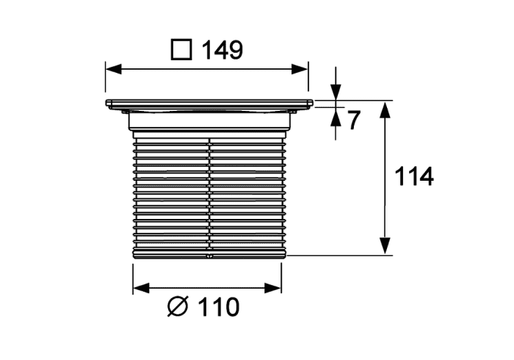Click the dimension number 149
click(222, 50)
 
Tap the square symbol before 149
click(181, 50)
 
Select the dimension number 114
click(414, 177)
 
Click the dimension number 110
click(219, 307)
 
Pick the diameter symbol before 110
click(178, 307)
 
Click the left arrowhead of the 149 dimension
click(113, 69)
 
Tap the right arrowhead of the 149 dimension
click(300, 69)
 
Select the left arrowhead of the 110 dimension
click(141, 288)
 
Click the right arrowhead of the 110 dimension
click(273, 288)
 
